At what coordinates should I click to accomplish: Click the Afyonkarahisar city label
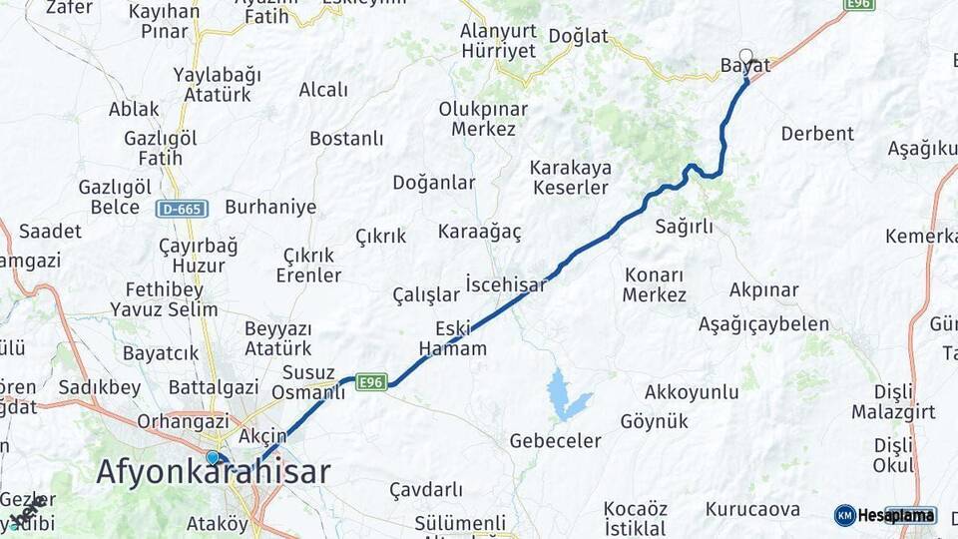(213, 472)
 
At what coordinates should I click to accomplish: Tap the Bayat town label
(744, 66)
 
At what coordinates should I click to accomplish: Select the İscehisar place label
(506, 284)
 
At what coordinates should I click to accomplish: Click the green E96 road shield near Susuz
(371, 381)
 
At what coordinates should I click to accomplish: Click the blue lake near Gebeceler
(565, 395)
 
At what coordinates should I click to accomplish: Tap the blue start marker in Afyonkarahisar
(213, 457)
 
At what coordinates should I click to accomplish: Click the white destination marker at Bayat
(745, 56)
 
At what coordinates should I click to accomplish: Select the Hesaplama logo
(886, 515)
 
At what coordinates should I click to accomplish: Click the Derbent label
(817, 134)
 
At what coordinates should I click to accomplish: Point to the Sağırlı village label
(684, 227)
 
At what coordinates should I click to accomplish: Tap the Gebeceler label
(555, 440)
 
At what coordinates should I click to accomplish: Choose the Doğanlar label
(433, 183)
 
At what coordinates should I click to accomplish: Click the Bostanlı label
(346, 139)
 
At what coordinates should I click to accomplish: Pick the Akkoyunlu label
(692, 391)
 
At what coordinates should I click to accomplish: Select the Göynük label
(654, 421)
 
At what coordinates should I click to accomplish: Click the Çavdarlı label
(426, 489)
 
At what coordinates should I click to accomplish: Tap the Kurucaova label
(752, 509)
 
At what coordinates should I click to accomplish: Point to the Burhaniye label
(270, 208)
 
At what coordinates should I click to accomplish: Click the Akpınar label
(763, 290)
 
